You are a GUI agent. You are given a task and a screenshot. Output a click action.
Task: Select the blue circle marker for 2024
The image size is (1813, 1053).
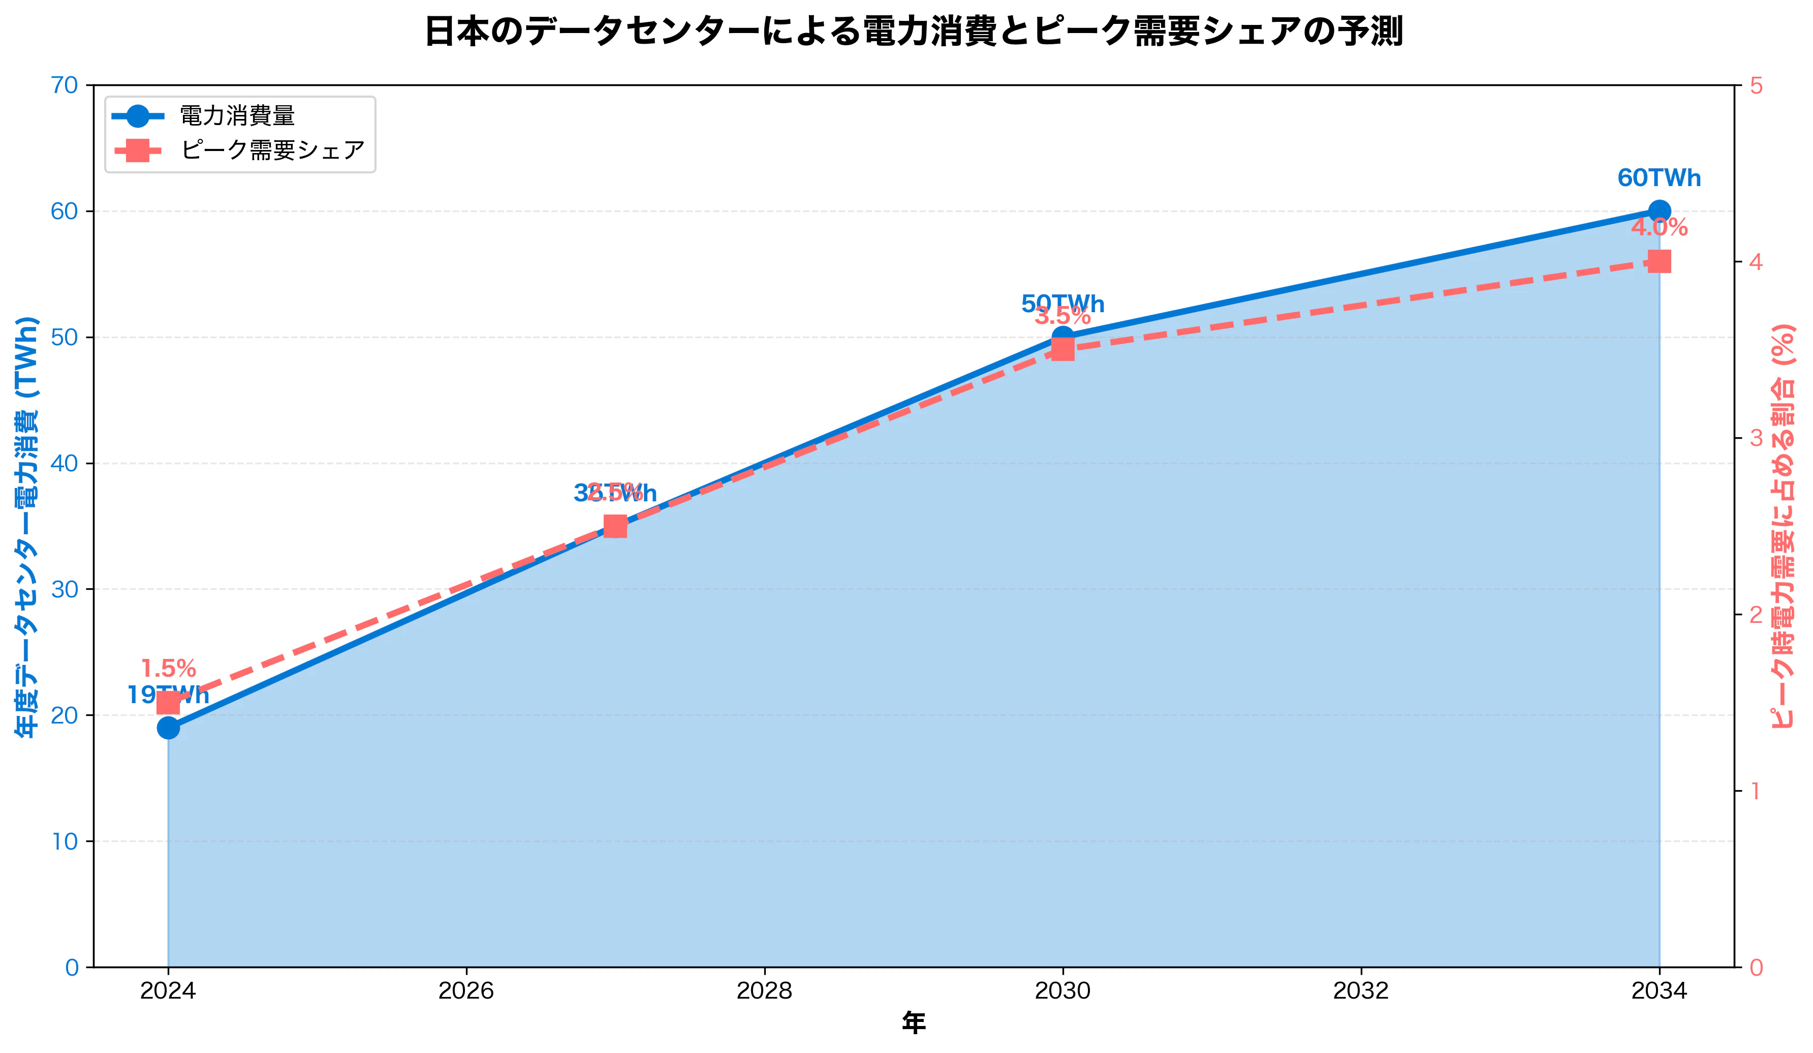pos(168,728)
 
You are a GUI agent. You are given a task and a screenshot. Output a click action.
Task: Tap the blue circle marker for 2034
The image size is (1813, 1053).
pos(1659,211)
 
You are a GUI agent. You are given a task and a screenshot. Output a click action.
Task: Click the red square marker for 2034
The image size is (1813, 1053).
pos(1659,261)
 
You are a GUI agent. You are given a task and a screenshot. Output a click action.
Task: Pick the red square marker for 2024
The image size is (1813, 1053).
pos(168,703)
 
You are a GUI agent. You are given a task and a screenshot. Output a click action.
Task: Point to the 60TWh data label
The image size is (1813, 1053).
pos(1659,178)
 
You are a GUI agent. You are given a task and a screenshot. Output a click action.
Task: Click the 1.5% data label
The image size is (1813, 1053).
pos(168,669)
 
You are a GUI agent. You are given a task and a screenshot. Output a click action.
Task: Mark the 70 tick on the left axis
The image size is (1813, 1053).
pos(65,85)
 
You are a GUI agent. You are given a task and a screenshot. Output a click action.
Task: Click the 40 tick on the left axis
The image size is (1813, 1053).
pos(65,464)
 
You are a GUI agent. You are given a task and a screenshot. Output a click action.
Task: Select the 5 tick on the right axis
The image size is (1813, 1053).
pos(1756,85)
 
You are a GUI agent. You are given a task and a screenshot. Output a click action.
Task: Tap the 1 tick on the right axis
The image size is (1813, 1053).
pos(1756,791)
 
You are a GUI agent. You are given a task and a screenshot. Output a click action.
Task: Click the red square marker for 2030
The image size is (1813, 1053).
pos(1062,350)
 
